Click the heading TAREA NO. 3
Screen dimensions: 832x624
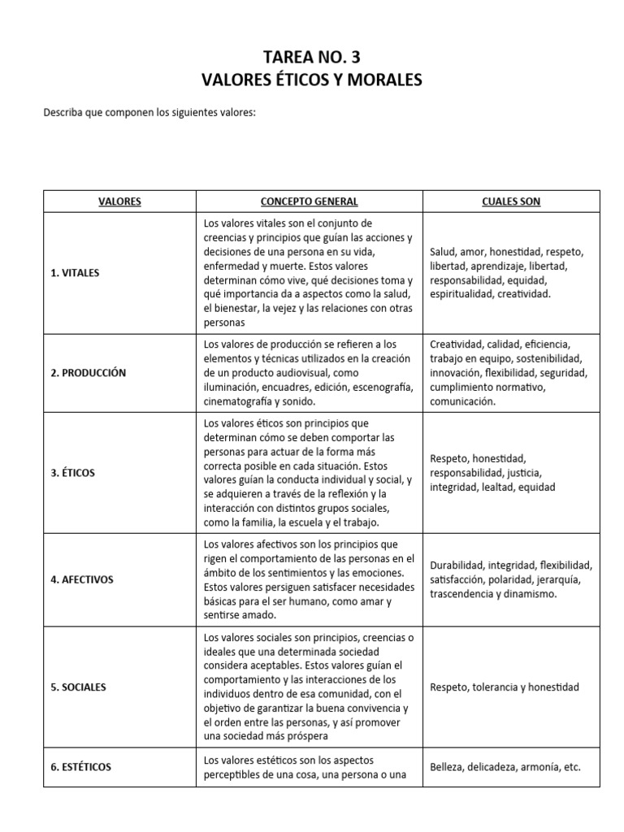(x=312, y=57)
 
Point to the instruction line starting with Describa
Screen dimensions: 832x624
(x=149, y=112)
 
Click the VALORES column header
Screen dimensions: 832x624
(x=119, y=201)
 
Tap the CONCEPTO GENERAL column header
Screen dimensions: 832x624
(x=309, y=201)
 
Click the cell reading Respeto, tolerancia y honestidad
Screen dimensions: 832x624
(x=505, y=687)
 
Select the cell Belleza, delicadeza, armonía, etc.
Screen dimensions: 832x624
(x=505, y=767)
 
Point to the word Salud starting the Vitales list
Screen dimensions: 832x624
(x=443, y=252)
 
